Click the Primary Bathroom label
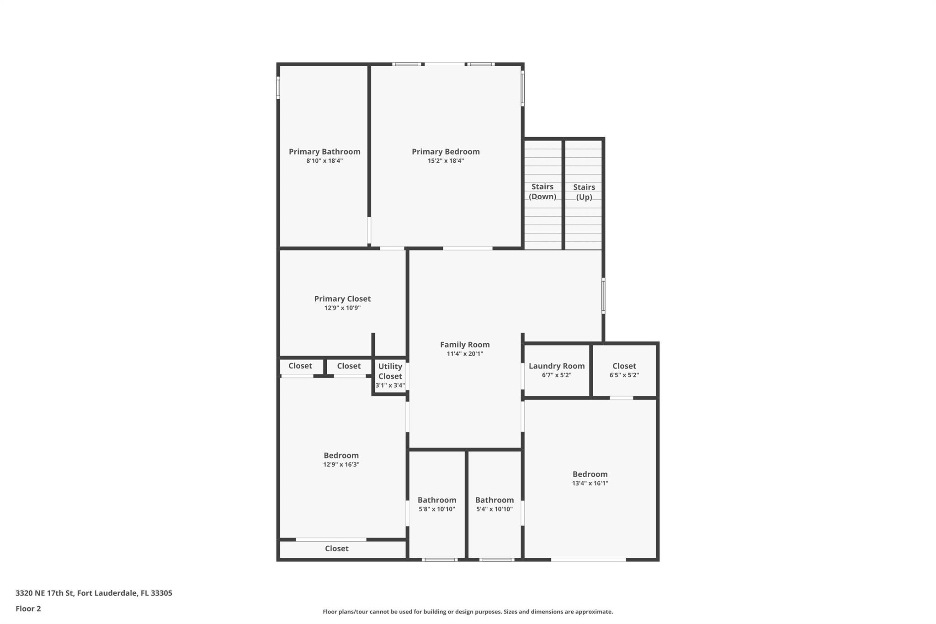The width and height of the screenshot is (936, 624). click(x=324, y=152)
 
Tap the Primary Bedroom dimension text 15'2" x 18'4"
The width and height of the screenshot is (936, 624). click(x=446, y=161)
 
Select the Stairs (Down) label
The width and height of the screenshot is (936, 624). click(x=542, y=192)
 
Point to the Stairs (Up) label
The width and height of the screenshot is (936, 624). click(x=584, y=192)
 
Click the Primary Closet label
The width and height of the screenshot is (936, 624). click(x=342, y=299)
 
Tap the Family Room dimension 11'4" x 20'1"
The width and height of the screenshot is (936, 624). click(x=465, y=354)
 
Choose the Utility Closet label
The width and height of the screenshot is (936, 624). click(x=390, y=371)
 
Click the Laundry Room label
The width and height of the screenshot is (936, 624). click(x=557, y=366)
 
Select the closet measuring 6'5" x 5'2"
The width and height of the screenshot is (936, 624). click(x=624, y=370)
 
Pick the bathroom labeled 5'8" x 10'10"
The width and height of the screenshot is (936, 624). click(x=437, y=504)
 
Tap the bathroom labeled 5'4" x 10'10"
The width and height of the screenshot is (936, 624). click(x=495, y=504)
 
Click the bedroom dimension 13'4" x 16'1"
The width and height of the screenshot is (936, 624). click(x=590, y=483)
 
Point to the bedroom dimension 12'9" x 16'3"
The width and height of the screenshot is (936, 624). click(x=341, y=464)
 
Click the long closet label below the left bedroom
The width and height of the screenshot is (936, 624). click(x=337, y=549)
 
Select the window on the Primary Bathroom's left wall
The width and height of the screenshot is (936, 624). click(x=278, y=87)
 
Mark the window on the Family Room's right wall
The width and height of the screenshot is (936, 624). click(x=603, y=296)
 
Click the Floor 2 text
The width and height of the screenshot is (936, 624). click(x=28, y=609)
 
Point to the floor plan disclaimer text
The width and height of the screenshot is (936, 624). click(x=468, y=612)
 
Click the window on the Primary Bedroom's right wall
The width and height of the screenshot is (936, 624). click(x=523, y=88)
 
